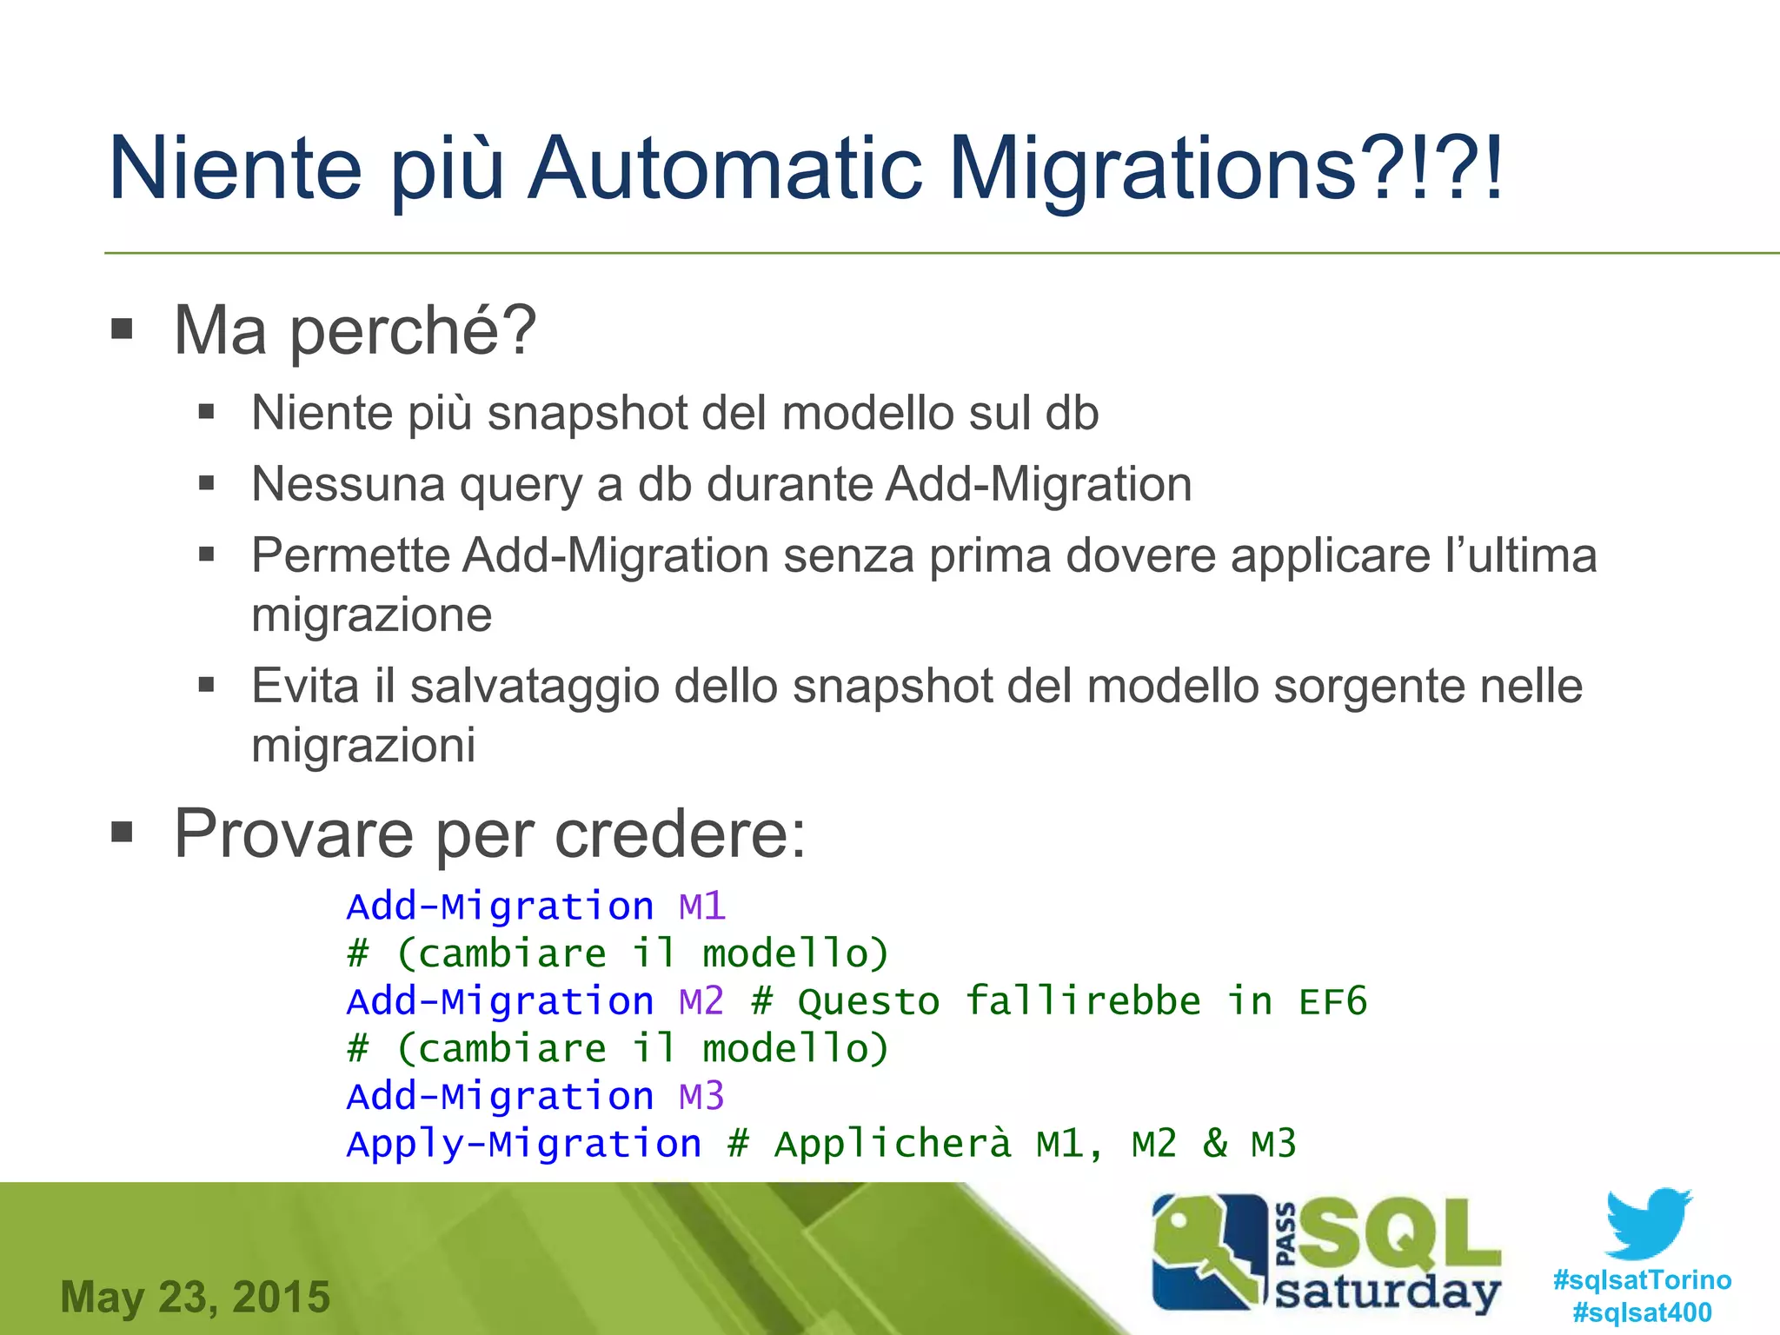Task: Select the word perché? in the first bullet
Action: click(413, 332)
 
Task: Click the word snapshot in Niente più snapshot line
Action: click(588, 413)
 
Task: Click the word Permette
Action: click(350, 555)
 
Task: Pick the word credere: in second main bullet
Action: click(680, 834)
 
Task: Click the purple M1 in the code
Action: click(701, 907)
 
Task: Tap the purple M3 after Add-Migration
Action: click(701, 1096)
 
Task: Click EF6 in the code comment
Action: click(1332, 1001)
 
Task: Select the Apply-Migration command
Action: click(523, 1144)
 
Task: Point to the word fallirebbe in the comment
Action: click(1083, 1001)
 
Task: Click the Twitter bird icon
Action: click(1648, 1224)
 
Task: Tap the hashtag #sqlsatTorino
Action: click(1642, 1279)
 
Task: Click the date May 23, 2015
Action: click(196, 1297)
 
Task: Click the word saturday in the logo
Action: click(1387, 1292)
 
